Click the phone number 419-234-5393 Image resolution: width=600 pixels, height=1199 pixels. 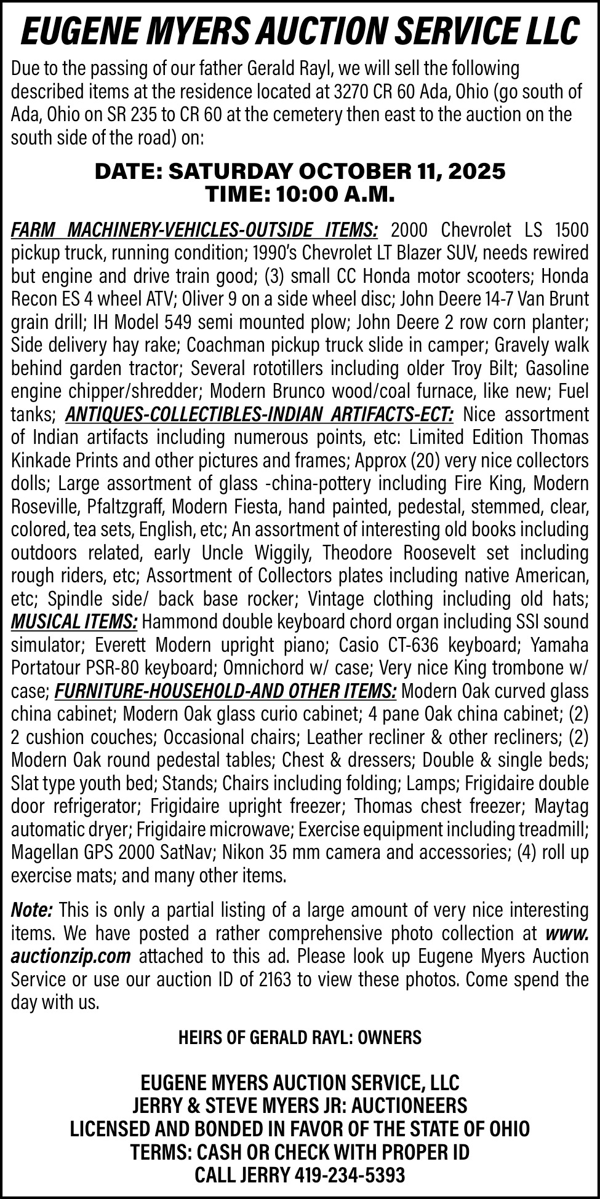(x=350, y=1175)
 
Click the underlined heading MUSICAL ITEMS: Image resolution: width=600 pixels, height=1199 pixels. (x=74, y=622)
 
